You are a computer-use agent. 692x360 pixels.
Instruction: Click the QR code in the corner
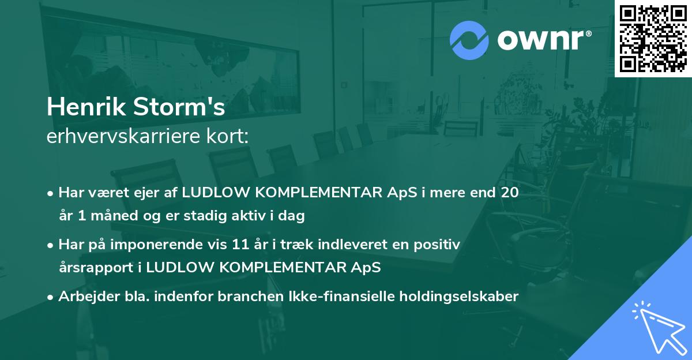[x=653, y=38]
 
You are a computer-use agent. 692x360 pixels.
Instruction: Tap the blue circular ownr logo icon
[x=469, y=40]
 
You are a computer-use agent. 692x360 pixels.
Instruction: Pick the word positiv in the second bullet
[x=440, y=245]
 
